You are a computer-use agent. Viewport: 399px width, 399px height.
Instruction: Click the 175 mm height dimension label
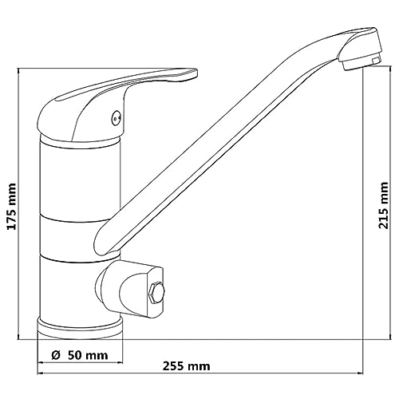point(12,206)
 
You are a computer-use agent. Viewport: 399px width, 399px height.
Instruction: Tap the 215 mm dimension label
point(383,205)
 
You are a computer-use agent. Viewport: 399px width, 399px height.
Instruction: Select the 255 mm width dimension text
point(186,366)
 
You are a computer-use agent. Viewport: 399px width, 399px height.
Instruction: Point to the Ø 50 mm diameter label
point(80,355)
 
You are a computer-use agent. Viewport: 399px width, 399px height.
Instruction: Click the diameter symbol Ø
point(55,355)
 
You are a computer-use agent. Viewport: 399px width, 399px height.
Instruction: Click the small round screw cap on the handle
point(117,117)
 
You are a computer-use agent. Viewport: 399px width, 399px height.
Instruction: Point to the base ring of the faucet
point(80,329)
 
